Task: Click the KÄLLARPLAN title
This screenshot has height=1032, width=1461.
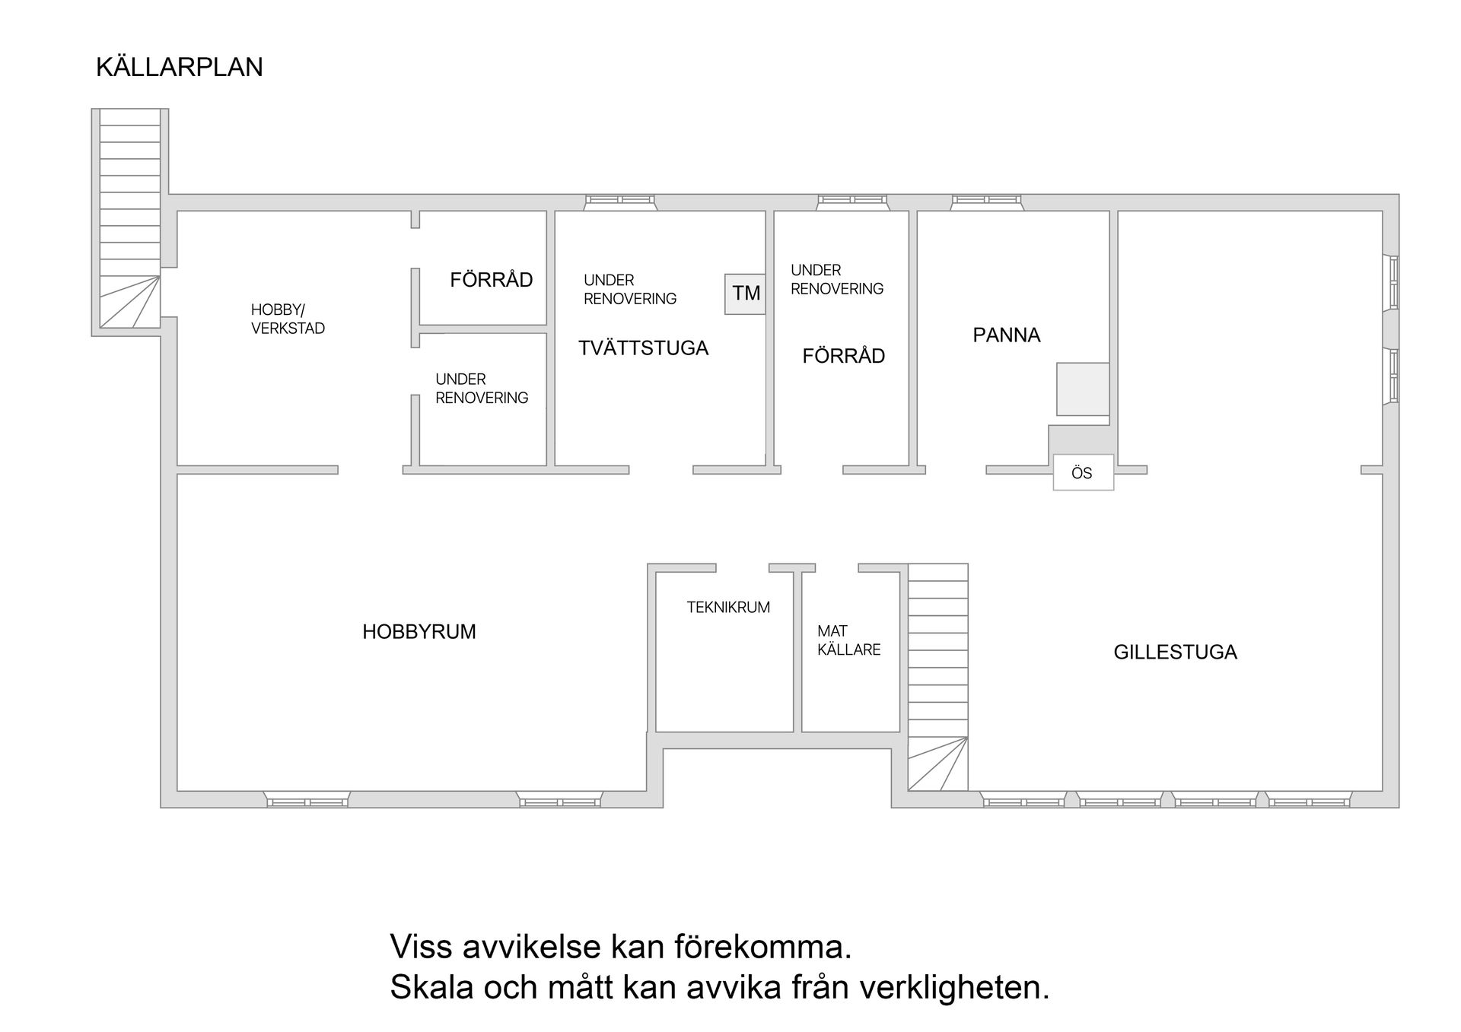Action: tap(180, 67)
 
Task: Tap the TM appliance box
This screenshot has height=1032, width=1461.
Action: tap(745, 294)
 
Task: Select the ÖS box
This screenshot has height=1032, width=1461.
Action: tap(1082, 473)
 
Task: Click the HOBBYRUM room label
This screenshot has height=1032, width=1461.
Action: tap(419, 631)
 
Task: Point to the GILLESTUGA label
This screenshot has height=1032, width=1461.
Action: tap(1175, 652)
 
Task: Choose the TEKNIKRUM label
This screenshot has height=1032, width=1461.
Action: tap(728, 607)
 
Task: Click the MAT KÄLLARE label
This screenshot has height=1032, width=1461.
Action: tap(848, 640)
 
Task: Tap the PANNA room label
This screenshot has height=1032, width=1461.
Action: tap(1006, 335)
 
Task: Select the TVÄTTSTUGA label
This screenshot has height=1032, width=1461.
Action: tap(643, 348)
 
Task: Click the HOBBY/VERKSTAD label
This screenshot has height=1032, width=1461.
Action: tap(288, 319)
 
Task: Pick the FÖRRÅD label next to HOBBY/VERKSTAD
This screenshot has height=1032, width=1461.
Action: tap(491, 280)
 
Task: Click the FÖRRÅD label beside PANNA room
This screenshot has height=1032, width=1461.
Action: tap(843, 356)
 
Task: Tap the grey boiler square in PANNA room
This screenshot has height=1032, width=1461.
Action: tap(1082, 389)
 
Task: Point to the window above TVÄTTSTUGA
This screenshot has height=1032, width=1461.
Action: tap(619, 200)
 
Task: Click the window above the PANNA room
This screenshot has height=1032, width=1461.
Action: tap(986, 200)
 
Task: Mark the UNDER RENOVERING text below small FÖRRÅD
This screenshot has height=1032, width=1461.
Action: tap(481, 389)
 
